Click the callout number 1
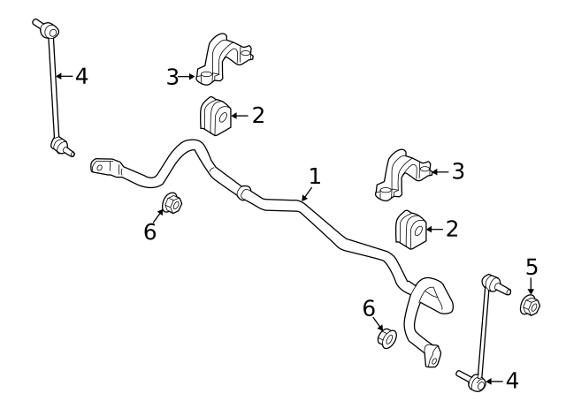pyautogui.click(x=315, y=176)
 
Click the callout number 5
pyautogui.click(x=532, y=267)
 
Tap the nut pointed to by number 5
pyautogui.click(x=530, y=305)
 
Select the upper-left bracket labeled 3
pyautogui.click(x=224, y=59)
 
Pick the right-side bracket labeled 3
pyautogui.click(x=403, y=176)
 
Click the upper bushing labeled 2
pyautogui.click(x=216, y=116)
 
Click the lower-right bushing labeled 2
pyautogui.click(x=411, y=230)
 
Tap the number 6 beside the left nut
pyautogui.click(x=149, y=231)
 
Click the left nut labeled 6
pyautogui.click(x=172, y=203)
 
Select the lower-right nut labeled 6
pyautogui.click(x=387, y=338)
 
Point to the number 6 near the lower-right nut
pyautogui.click(x=369, y=308)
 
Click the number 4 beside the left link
pyautogui.click(x=81, y=76)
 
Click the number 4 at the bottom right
pyautogui.click(x=512, y=381)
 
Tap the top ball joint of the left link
pyautogui.click(x=50, y=30)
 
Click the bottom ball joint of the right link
pyautogui.click(x=477, y=383)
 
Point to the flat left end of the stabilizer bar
pyautogui.click(x=105, y=167)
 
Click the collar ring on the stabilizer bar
pyautogui.click(x=244, y=193)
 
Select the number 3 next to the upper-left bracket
pyautogui.click(x=172, y=77)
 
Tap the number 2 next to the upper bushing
pyautogui.click(x=258, y=116)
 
